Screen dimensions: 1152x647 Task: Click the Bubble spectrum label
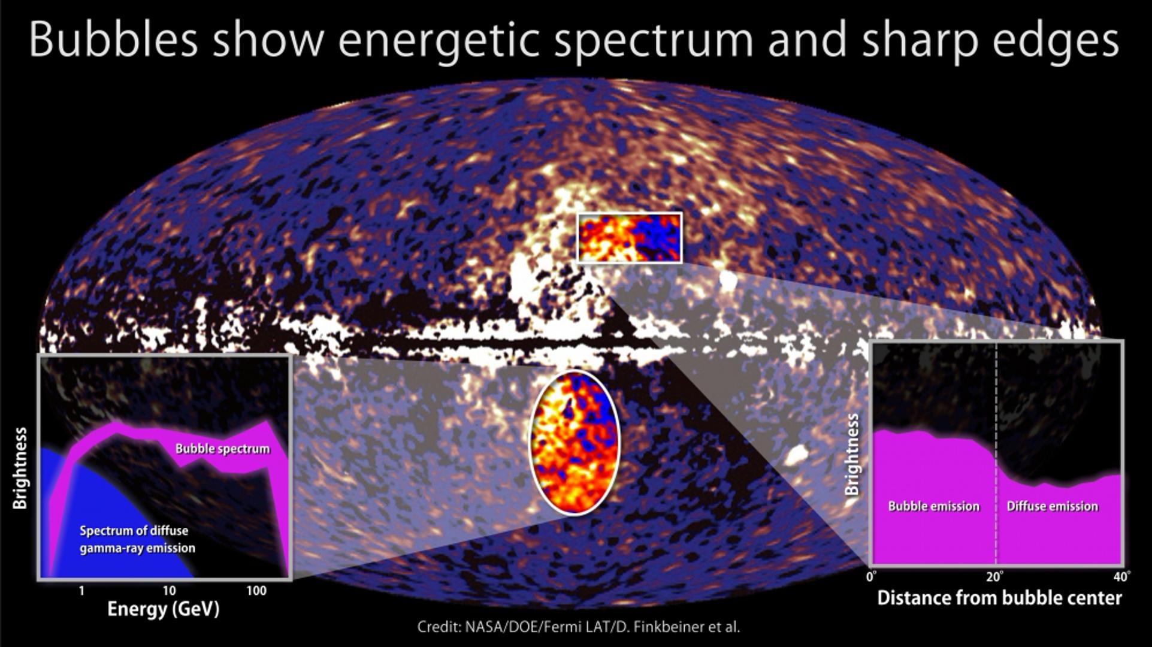pyautogui.click(x=223, y=449)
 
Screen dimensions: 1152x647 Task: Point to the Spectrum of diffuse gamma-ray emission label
pyautogui.click(x=137, y=539)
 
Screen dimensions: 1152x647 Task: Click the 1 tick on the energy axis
pyautogui.click(x=81, y=591)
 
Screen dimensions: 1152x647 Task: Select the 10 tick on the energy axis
pyautogui.click(x=169, y=591)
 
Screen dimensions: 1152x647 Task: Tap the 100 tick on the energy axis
pyautogui.click(x=256, y=591)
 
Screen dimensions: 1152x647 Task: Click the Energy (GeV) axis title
pyautogui.click(x=163, y=609)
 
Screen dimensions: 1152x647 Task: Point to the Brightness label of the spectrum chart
pyautogui.click(x=20, y=468)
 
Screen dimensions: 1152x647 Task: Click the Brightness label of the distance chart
pyautogui.click(x=851, y=455)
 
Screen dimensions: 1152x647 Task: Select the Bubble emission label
pyautogui.click(x=933, y=506)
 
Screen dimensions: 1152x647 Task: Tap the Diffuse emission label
pyautogui.click(x=1052, y=506)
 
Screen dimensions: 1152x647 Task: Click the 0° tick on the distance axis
pyautogui.click(x=872, y=577)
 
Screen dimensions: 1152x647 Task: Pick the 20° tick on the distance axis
pyautogui.click(x=995, y=577)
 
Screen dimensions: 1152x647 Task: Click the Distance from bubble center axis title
pyautogui.click(x=999, y=598)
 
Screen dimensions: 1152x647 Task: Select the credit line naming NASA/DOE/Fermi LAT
pyautogui.click(x=579, y=627)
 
